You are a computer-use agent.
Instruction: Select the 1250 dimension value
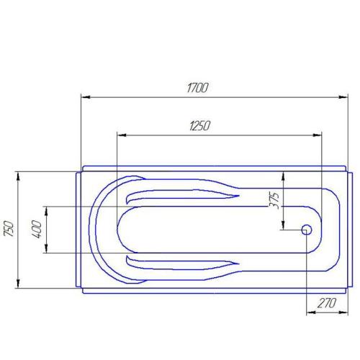point(199,125)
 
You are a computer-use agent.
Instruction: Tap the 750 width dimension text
point(9,228)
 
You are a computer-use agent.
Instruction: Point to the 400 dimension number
point(37,230)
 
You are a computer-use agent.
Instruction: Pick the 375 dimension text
point(274,199)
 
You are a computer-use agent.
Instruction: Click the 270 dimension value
point(327,303)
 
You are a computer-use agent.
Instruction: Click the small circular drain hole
point(306,230)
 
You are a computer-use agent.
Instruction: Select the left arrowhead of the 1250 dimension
point(120,134)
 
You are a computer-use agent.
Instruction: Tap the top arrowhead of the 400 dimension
point(46,210)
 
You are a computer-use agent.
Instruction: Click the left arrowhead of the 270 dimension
point(310,312)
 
